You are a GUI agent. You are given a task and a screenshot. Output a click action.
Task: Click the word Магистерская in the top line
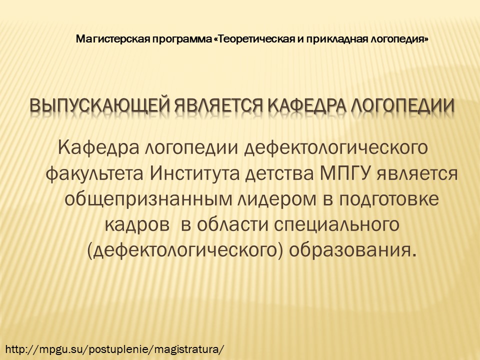coord(113,39)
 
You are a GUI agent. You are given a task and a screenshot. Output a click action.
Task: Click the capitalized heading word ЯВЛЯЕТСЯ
coord(219,106)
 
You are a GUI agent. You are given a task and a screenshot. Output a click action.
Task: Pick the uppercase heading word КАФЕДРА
coord(308,106)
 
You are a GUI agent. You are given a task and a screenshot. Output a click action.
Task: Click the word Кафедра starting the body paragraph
coord(97,147)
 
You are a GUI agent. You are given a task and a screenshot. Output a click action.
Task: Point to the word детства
coord(279,174)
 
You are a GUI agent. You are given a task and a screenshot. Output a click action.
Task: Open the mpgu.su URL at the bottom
coord(115,349)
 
